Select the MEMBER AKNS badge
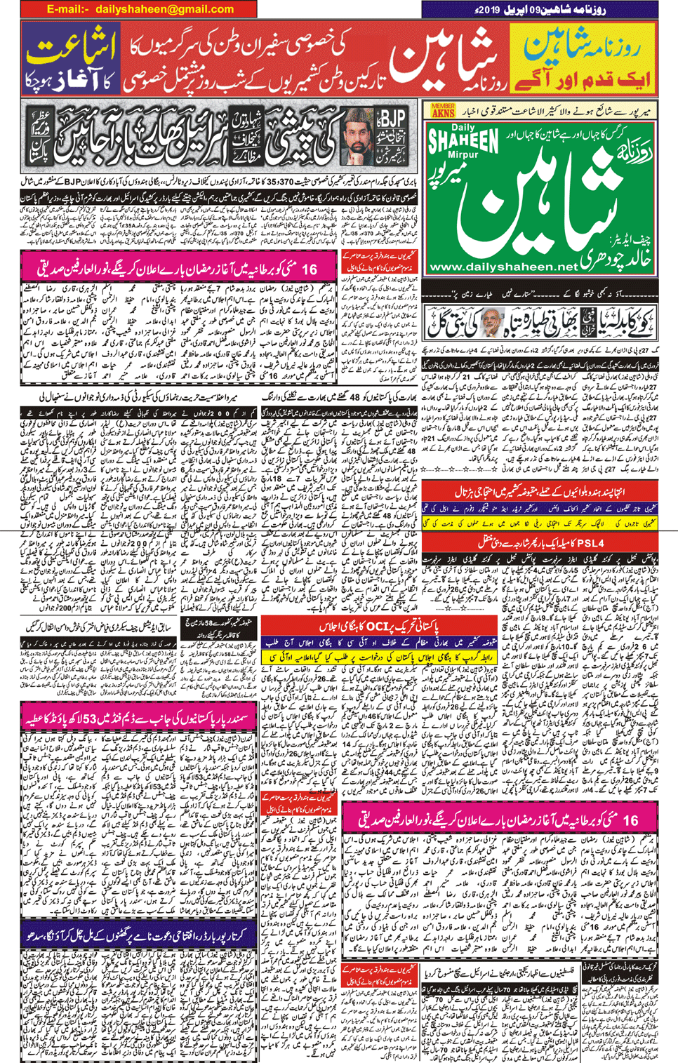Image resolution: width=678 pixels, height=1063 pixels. [443, 110]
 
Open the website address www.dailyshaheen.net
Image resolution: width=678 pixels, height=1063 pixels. [503, 267]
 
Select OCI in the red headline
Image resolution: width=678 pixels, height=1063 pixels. [377, 626]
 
